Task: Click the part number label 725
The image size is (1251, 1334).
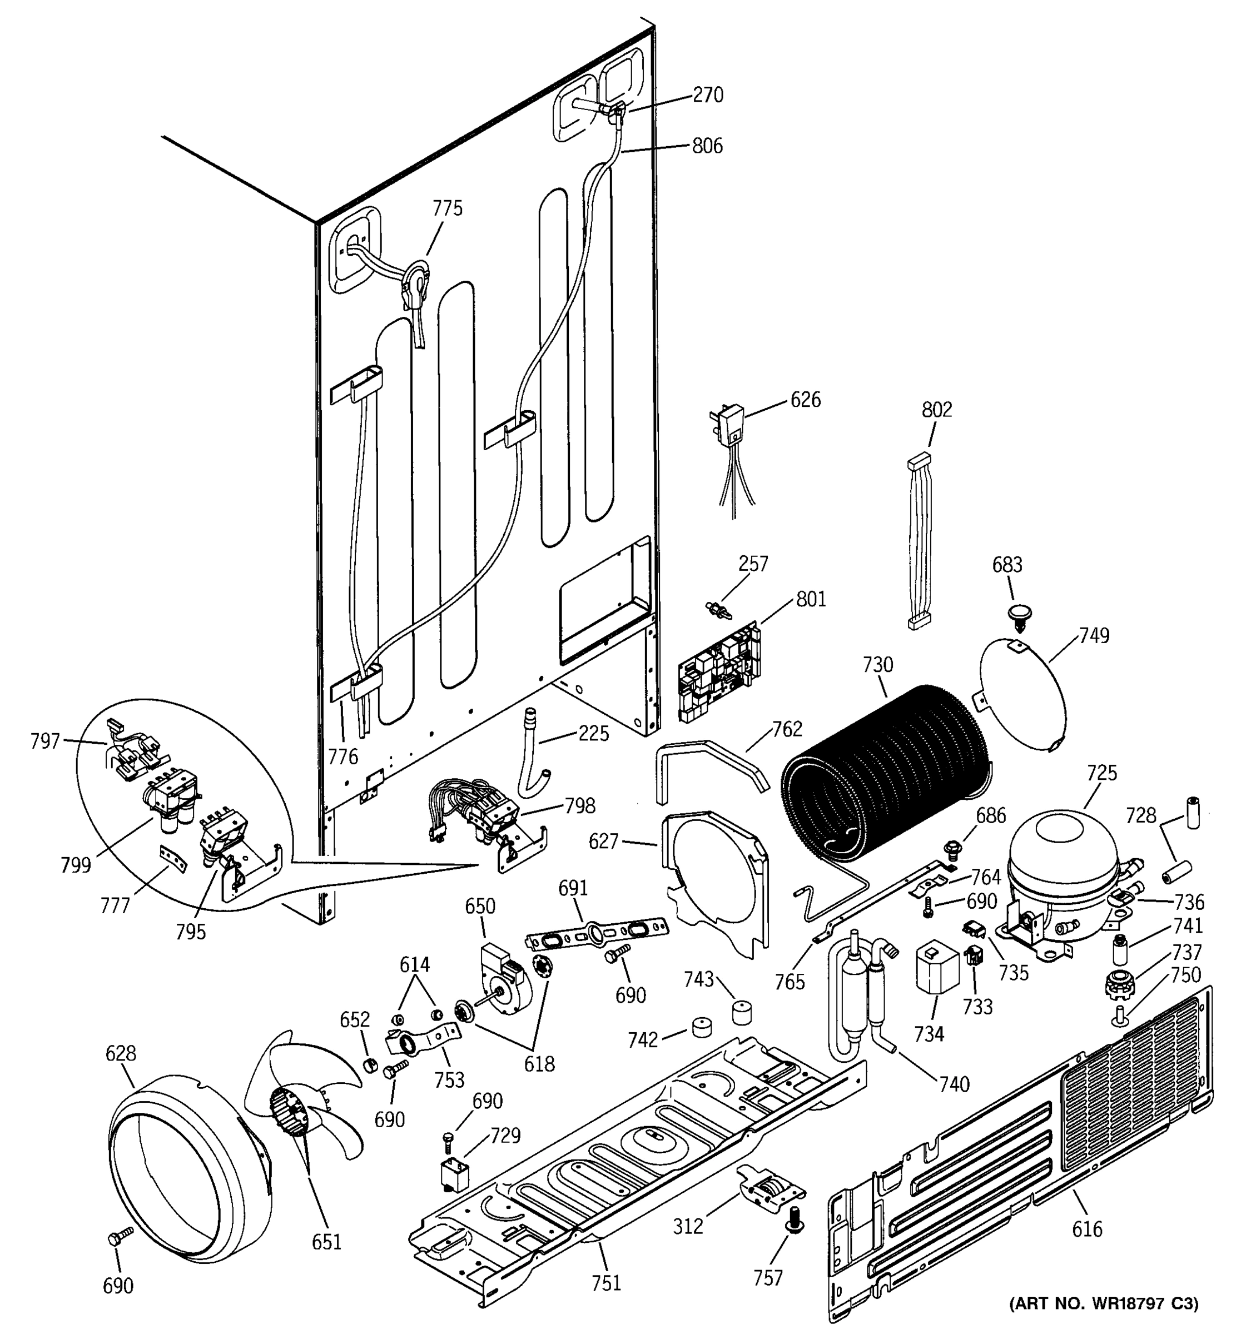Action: (1102, 773)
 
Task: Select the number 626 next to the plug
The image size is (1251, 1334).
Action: (805, 400)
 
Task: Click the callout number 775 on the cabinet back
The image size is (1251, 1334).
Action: (447, 208)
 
